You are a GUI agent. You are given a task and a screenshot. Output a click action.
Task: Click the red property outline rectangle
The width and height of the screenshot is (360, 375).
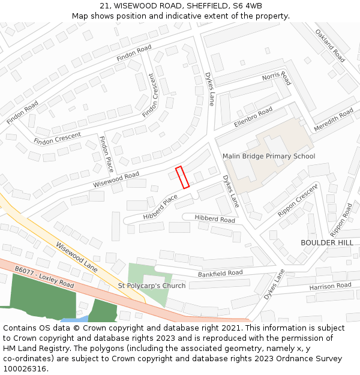pos(182,177)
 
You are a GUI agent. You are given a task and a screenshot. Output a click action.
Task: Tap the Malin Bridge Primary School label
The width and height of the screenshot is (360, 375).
pos(268,157)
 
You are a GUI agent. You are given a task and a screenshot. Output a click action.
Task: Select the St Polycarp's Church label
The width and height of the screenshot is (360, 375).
pos(152,286)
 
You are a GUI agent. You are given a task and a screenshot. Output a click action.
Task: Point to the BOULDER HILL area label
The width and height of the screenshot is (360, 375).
pos(327,242)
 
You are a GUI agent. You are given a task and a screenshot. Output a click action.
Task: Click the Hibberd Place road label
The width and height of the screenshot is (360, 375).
pos(160,207)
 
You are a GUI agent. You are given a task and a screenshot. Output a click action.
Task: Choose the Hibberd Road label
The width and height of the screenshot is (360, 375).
pos(214,219)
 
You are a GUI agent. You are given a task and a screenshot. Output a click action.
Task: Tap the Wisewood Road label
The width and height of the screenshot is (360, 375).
pos(116,179)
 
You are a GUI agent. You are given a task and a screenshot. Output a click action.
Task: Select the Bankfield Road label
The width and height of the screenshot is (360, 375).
pos(220,274)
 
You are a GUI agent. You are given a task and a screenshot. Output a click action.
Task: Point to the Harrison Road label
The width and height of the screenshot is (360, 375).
pos(330,287)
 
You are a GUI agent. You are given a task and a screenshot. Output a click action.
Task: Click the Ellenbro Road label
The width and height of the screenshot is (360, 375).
pos(253,116)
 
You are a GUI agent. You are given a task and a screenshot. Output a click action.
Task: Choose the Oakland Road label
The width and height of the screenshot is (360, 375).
pos(329,46)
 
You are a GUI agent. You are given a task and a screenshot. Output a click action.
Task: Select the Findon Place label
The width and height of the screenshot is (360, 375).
pos(106,153)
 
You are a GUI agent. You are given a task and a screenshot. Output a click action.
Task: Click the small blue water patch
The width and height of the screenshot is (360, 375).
pos(81,319)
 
